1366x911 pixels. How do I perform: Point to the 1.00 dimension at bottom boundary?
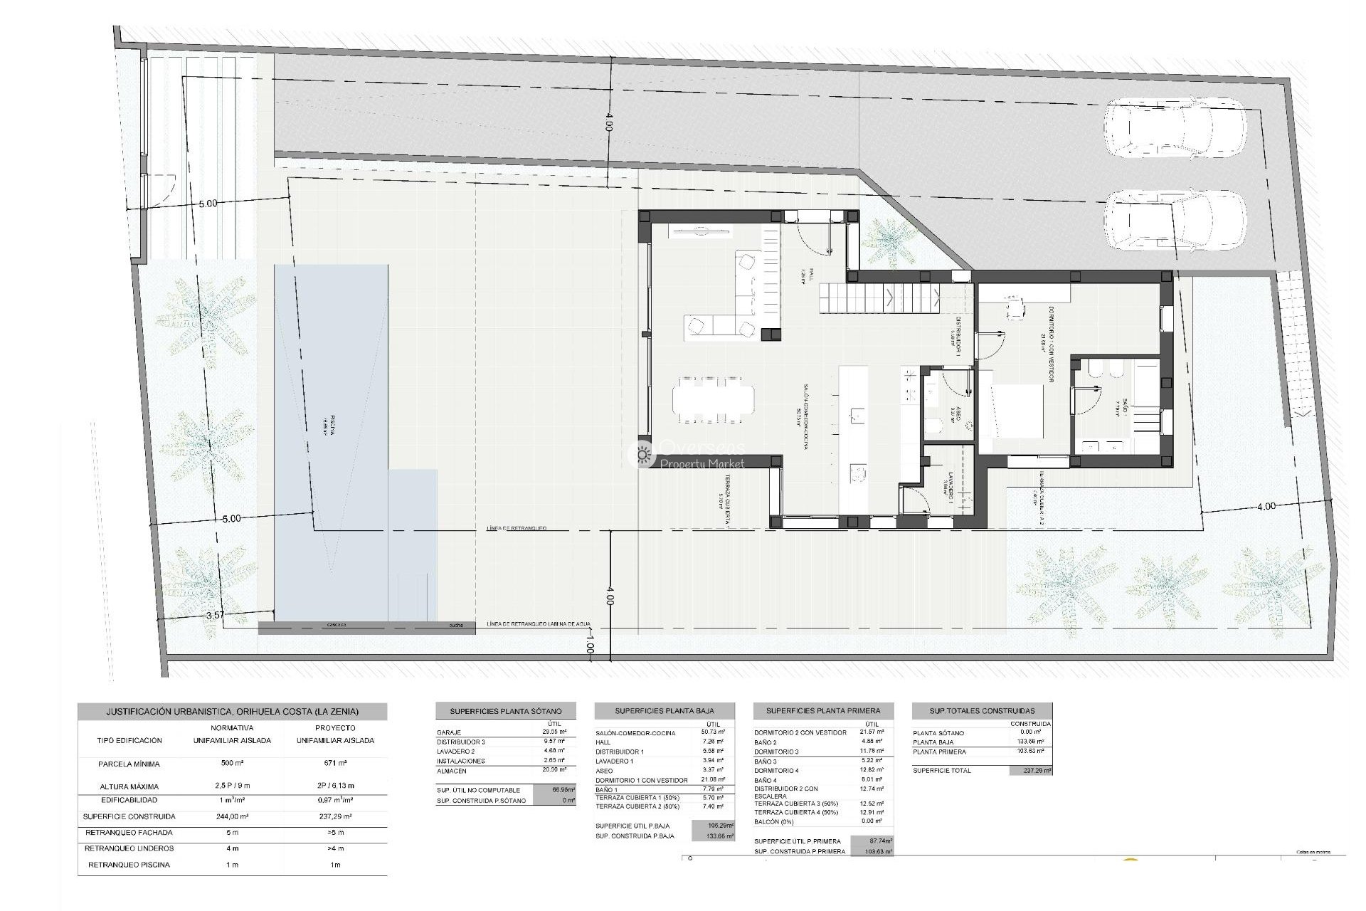click(589, 648)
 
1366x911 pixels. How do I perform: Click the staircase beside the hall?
click(879, 297)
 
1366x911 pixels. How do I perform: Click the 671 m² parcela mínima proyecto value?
click(334, 764)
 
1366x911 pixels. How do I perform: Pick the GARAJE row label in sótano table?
click(448, 732)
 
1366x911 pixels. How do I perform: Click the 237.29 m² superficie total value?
click(1030, 771)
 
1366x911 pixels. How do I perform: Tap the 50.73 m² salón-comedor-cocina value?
click(712, 732)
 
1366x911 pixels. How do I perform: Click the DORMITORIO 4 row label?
click(776, 770)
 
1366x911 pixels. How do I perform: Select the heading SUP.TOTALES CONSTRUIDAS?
click(982, 710)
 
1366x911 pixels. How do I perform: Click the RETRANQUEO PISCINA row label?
click(129, 865)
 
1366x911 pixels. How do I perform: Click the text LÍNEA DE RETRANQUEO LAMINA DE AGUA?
click(539, 624)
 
